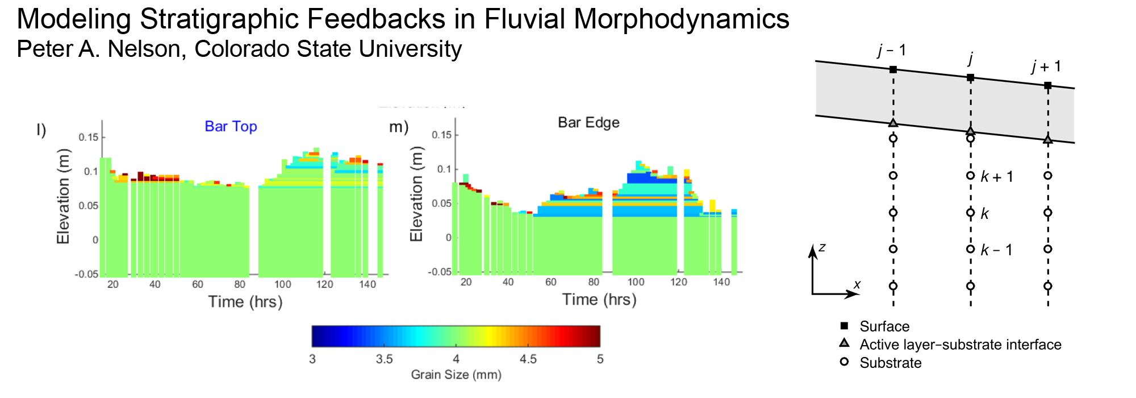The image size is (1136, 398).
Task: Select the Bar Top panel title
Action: tap(231, 126)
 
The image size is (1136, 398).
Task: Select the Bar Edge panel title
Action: tap(588, 122)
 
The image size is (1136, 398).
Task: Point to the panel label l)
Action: tap(41, 130)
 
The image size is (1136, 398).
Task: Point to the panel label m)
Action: tap(399, 127)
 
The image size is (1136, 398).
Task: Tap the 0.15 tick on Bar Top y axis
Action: tap(88, 137)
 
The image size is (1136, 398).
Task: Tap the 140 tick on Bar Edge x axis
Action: tap(721, 282)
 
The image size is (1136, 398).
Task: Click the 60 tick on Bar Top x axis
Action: tap(197, 284)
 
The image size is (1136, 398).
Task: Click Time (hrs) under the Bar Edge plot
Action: tap(599, 300)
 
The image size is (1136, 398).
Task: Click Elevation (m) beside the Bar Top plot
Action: tap(64, 196)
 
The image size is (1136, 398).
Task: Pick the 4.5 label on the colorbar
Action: tap(528, 359)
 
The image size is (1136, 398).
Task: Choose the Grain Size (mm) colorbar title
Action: tap(456, 375)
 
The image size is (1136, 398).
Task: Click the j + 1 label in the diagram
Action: tap(1046, 67)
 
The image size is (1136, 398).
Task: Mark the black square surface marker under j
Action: tap(971, 77)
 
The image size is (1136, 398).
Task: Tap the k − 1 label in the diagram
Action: tap(996, 250)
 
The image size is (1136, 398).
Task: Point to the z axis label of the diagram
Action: tap(822, 247)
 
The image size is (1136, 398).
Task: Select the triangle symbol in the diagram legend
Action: tap(845, 343)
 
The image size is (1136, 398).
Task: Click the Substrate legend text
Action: tap(890, 363)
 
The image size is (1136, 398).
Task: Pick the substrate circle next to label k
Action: tap(971, 213)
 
